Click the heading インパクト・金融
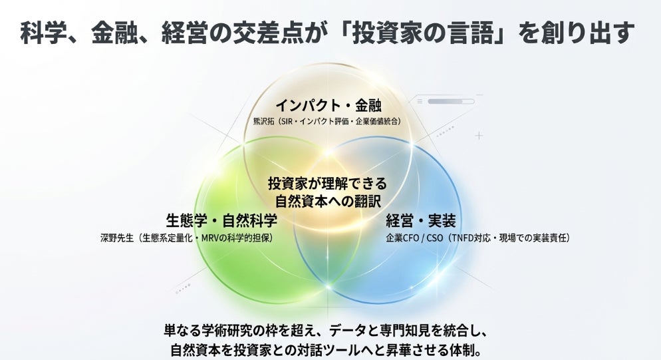pyautogui.click(x=329, y=105)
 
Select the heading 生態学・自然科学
pyautogui.click(x=221, y=220)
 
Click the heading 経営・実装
pyautogui.click(x=420, y=220)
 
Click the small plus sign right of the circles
pyautogui.click(x=479, y=136)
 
